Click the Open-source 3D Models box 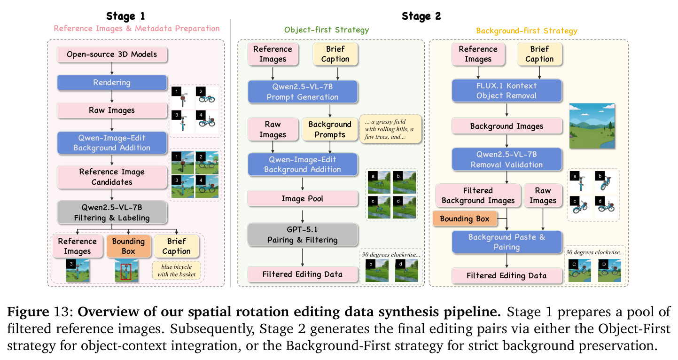[112, 55]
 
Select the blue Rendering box [112, 82]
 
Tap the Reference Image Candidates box [112, 177]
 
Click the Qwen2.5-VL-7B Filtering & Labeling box [112, 212]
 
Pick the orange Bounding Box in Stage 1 [128, 246]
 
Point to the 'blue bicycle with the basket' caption [177, 270]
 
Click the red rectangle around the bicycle [126, 271]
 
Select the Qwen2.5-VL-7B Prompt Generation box [303, 92]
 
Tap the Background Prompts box [330, 129]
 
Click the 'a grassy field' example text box [390, 129]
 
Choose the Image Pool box [303, 199]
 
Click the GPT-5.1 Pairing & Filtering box [303, 235]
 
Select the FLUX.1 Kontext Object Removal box [507, 91]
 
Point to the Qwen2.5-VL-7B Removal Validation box [507, 159]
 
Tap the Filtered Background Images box [478, 196]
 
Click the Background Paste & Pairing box [507, 242]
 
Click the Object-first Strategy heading [326, 30]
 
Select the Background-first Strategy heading [527, 31]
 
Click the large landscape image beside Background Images [592, 125]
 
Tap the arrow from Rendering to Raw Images [112, 96]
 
